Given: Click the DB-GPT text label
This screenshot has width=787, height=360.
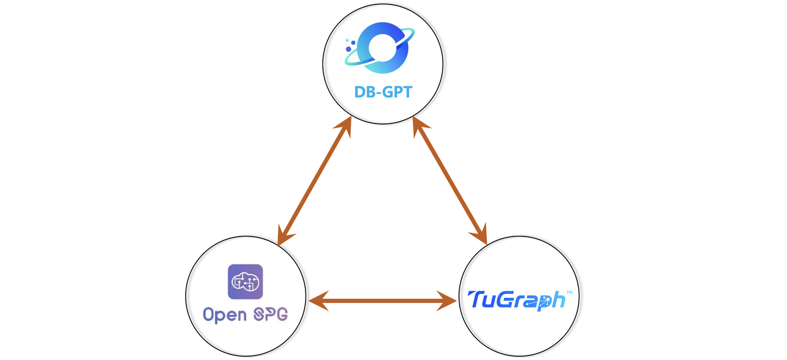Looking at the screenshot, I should coord(383,91).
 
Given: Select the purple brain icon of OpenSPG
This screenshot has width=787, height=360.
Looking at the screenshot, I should coord(245,281).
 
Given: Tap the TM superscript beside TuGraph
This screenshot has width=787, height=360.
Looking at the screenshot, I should coord(569,293).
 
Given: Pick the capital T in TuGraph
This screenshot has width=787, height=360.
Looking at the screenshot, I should coord(476,299).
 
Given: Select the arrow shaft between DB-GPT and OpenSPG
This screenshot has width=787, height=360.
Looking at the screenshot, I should coord(315,181).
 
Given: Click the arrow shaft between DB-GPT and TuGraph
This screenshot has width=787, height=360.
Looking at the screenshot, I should coord(449,181).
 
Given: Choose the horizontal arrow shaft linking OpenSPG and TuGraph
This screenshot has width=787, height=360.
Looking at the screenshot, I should coord(383,300).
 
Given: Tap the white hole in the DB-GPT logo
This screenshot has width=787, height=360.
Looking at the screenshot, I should coord(382,47).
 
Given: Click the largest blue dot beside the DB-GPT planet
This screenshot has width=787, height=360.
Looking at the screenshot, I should coord(348,49).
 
